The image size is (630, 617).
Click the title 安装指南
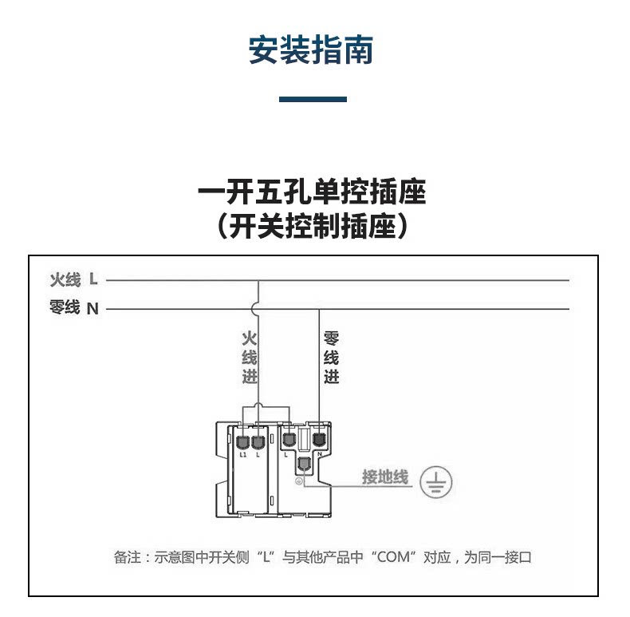pyautogui.click(x=311, y=50)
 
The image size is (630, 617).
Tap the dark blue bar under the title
pyautogui.click(x=313, y=99)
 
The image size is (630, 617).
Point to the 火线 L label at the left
pyautogui.click(x=73, y=279)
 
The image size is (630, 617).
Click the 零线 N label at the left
pyautogui.click(x=73, y=308)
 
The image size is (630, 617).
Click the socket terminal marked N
pyautogui.click(x=319, y=438)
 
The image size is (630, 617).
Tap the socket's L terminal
pyautogui.click(x=289, y=438)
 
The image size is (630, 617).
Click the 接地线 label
pyautogui.click(x=385, y=477)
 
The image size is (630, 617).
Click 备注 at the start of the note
pyautogui.click(x=125, y=557)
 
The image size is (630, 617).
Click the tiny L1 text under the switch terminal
pyautogui.click(x=243, y=454)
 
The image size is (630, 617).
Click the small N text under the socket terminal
pyautogui.click(x=320, y=453)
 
